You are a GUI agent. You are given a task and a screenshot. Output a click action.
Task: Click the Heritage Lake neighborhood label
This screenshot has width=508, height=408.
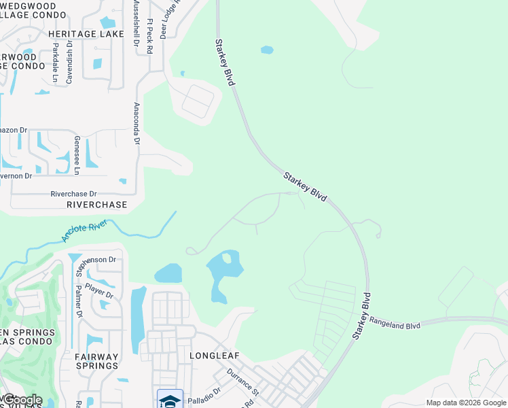tap(86, 33)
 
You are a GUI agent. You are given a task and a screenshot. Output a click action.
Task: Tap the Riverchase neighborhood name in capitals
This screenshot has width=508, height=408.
tap(97, 204)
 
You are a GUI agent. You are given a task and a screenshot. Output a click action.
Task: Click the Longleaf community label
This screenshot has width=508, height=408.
tap(212, 355)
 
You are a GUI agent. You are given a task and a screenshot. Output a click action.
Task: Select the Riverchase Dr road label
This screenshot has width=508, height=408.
tap(74, 194)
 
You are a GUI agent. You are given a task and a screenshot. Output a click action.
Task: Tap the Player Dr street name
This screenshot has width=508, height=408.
tap(99, 292)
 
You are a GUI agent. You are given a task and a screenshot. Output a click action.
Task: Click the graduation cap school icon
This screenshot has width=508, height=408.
tap(170, 400)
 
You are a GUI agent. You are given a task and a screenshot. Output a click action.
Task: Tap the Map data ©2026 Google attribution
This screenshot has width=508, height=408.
tap(465, 403)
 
